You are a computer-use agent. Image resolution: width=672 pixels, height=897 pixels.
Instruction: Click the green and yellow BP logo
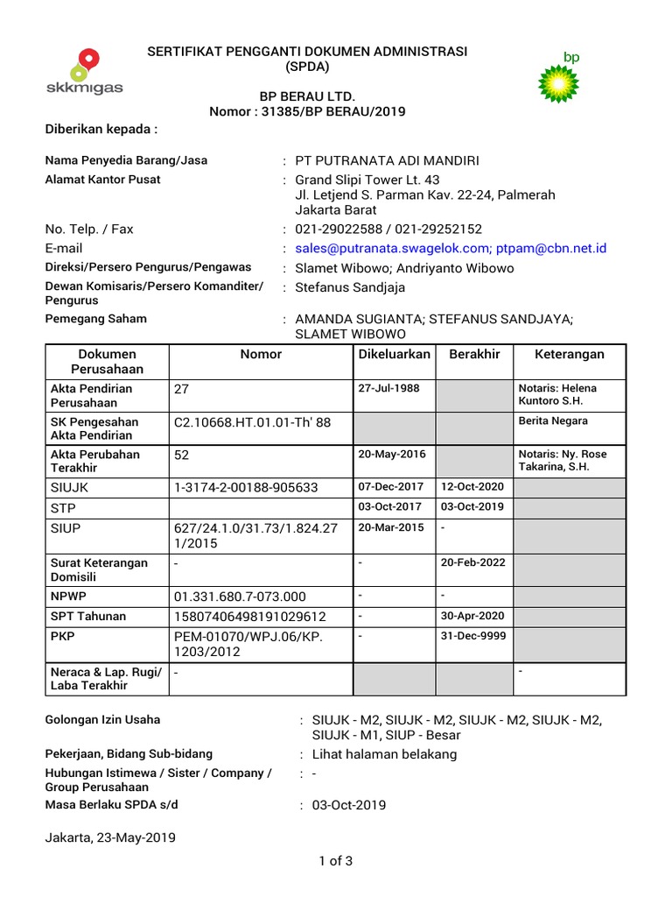pos(558,79)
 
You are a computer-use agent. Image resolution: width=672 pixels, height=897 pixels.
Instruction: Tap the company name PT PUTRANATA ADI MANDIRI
pos(388,161)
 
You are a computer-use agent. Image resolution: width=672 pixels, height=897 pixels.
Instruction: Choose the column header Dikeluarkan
pos(395,354)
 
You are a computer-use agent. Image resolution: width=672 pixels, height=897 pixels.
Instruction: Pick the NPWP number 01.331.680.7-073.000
pos(241,597)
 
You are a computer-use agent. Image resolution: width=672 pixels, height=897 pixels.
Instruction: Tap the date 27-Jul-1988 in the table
pos(388,388)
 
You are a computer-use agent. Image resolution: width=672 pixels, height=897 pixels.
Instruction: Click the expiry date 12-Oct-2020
pos(473,486)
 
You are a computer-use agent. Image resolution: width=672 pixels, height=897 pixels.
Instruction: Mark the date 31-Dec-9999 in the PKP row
pos(473,635)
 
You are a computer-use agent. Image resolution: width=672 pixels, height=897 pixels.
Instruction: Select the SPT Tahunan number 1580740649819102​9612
pos(250,616)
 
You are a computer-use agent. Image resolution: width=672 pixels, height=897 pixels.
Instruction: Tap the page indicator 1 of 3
pos(336,860)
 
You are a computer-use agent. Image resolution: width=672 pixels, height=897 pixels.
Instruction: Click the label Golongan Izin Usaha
pos(102,720)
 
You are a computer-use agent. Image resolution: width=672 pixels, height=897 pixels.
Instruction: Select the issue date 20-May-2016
pos(390,455)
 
